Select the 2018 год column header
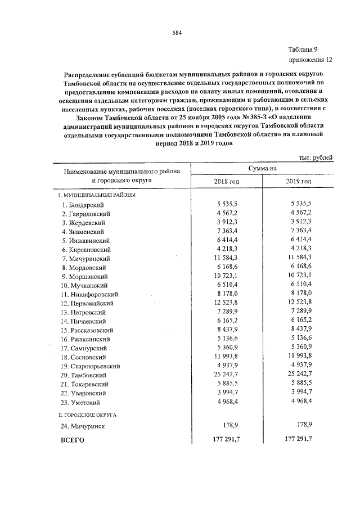227,181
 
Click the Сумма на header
262,168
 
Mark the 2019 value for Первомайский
298,303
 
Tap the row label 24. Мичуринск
84,427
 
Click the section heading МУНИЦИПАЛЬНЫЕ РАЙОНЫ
99,195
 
